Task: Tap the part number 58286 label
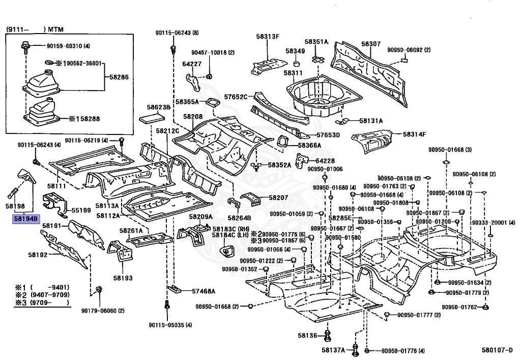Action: coord(120,78)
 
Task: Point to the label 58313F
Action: coord(268,37)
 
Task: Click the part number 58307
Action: coord(371,44)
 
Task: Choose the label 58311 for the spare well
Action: coord(294,73)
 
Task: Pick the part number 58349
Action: coord(295,51)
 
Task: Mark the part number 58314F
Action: coord(415,134)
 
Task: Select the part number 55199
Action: coord(81,210)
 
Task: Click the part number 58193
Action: coord(123,278)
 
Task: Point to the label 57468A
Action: coord(204,291)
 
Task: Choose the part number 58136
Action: coord(308,336)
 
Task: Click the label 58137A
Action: coord(333,350)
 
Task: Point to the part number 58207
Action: coord(278,197)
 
